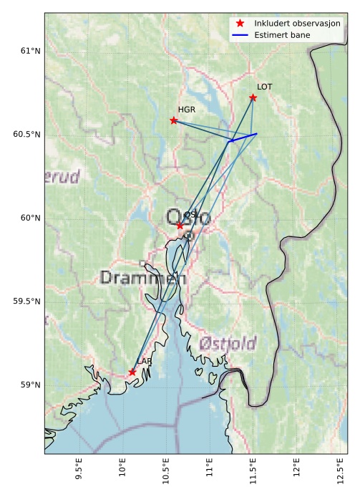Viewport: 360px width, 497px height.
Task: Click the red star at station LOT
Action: point(253,97)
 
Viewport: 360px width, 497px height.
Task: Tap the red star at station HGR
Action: point(174,120)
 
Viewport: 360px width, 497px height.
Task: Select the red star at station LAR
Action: point(132,372)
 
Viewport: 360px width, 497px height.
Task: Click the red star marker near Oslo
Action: point(180,225)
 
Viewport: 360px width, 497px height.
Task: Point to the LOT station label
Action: point(265,87)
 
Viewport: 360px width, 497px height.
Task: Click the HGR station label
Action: point(187,110)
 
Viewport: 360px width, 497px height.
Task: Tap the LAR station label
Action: point(145,362)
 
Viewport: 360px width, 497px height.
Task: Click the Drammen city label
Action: point(143,278)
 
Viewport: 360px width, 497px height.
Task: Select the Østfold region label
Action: point(228,344)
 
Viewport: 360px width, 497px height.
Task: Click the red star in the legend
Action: point(240,24)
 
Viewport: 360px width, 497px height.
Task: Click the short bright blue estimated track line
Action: point(243,137)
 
